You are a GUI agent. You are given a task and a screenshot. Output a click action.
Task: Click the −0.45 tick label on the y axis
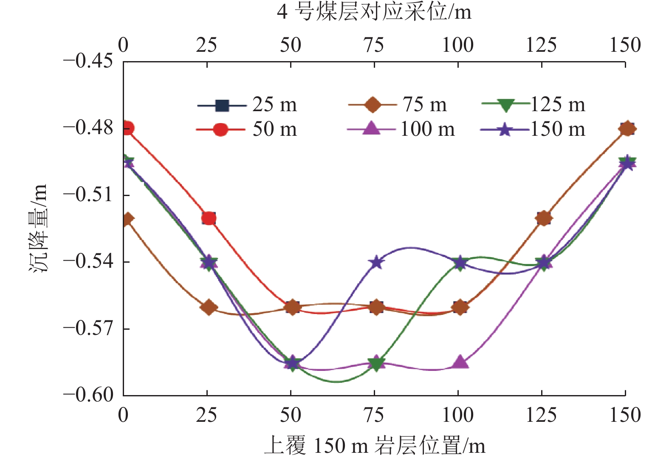88,61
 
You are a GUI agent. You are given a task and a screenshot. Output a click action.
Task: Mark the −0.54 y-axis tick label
88,261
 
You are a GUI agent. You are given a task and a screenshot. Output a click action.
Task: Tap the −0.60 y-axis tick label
88,395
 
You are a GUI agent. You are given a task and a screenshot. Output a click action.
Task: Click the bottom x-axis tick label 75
374,415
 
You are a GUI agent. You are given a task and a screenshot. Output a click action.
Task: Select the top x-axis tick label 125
541,45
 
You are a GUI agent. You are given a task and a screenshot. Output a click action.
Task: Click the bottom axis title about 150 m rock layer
374,446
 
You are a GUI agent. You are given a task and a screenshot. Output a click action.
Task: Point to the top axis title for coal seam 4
374,12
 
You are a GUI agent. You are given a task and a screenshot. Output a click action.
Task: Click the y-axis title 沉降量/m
39,228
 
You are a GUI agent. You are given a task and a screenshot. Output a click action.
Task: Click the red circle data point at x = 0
127,128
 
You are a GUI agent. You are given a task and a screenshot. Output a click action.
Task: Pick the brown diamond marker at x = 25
209,307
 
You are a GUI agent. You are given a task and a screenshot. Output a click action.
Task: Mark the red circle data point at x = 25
209,218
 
